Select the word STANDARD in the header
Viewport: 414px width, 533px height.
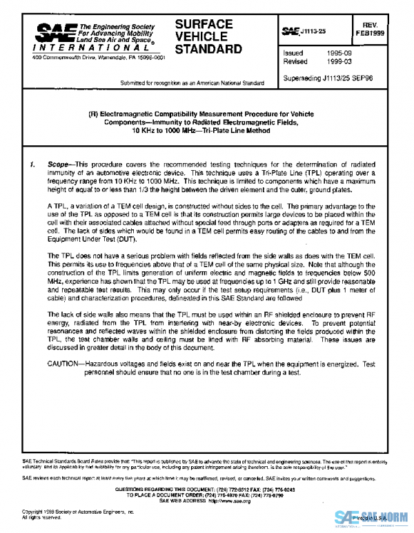click(208, 49)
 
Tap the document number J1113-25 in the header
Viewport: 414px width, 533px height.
click(313, 32)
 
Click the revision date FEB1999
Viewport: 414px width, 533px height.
click(390, 32)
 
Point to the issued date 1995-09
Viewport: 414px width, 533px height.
click(340, 52)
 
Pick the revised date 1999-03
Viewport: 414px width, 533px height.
click(340, 61)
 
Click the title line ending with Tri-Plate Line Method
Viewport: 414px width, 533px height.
click(207, 129)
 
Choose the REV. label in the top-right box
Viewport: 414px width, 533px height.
click(390, 23)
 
